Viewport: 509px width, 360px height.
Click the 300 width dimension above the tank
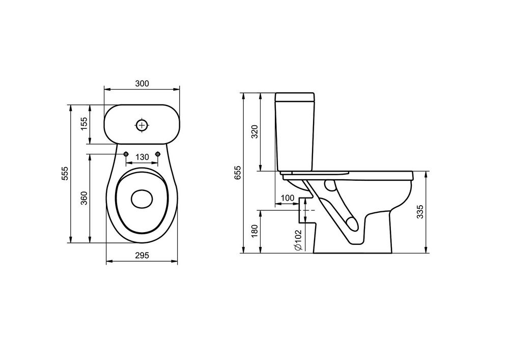click(142, 84)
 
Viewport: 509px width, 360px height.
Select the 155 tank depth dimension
click(84, 124)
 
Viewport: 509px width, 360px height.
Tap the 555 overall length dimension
click(66, 174)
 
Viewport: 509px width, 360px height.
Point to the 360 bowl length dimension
click(84, 198)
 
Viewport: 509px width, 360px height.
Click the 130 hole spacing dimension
click(142, 157)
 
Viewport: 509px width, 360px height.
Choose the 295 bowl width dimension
click(142, 256)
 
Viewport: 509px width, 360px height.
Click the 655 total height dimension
click(238, 173)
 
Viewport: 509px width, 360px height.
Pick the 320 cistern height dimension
click(255, 131)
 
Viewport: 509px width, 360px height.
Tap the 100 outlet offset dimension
click(287, 198)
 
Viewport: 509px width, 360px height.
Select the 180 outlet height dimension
click(255, 231)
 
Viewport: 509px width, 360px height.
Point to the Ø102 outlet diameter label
click(299, 240)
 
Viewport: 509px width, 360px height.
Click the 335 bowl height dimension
click(420, 212)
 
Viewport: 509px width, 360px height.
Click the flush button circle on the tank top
click(142, 125)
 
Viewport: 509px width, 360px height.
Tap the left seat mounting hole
click(126, 154)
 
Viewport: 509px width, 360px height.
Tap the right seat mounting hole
click(158, 154)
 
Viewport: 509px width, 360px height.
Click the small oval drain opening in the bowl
click(142, 199)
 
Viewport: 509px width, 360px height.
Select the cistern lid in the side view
click(295, 97)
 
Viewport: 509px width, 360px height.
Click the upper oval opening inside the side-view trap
click(330, 185)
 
